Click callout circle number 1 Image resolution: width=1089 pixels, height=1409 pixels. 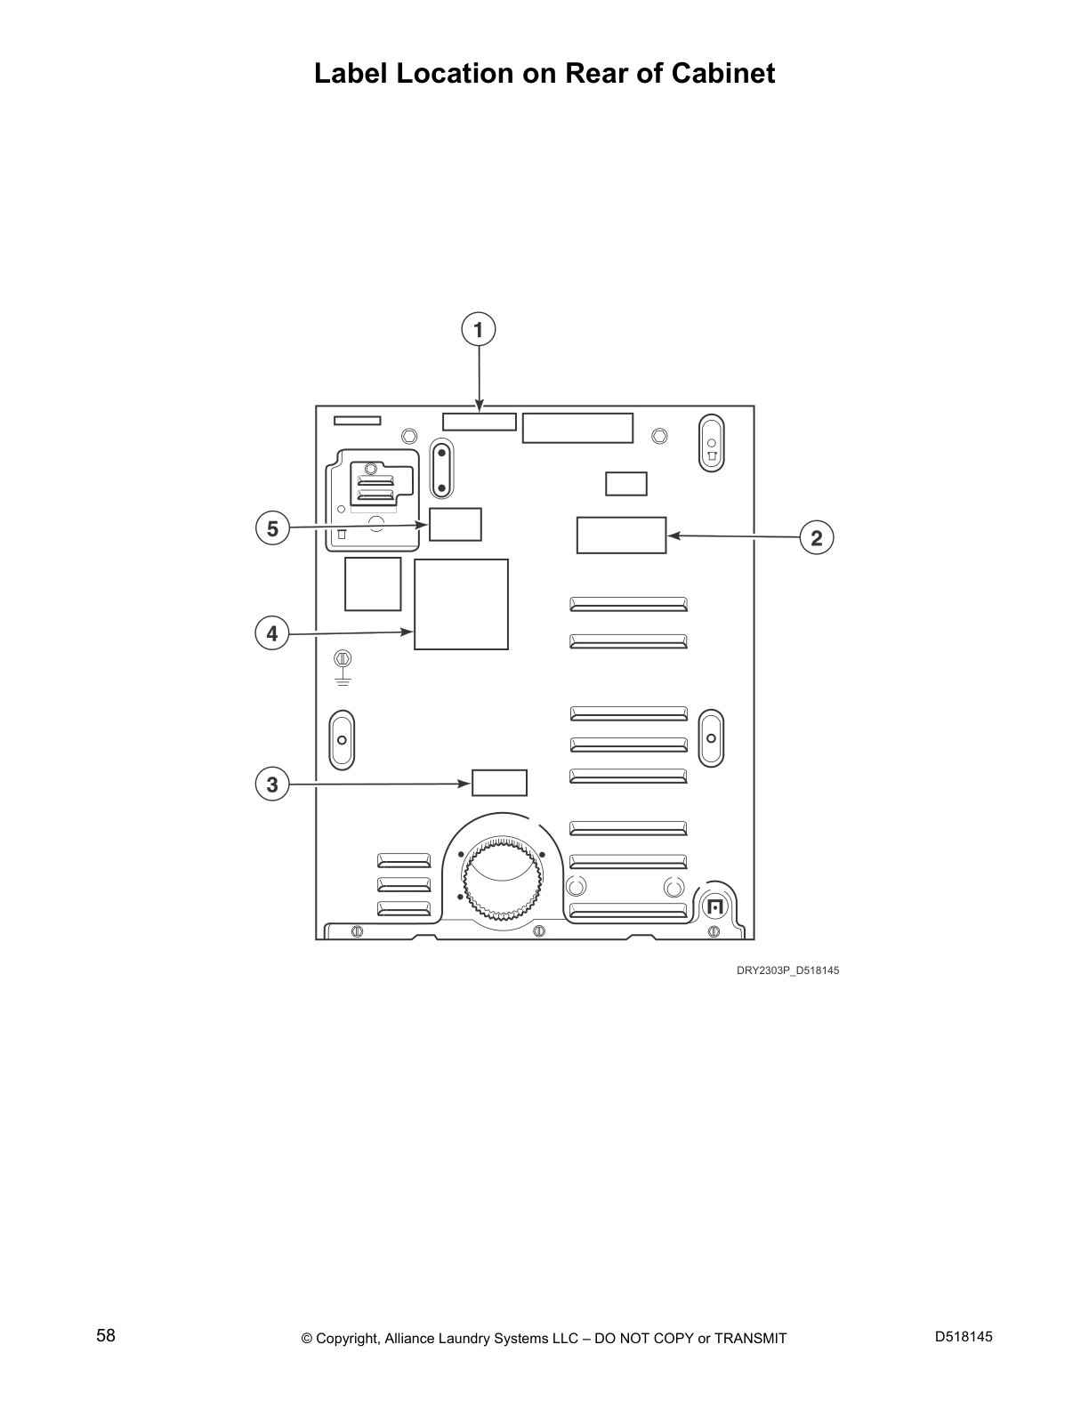479,329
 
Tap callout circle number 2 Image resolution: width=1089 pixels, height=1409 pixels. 817,537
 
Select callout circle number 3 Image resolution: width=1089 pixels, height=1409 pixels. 272,784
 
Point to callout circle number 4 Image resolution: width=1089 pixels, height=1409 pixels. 272,632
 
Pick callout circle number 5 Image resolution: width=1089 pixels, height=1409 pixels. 272,527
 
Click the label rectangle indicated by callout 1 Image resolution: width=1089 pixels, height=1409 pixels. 480,423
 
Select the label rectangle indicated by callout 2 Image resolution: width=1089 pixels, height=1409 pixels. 621,535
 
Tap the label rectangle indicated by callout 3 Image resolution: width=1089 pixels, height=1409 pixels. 499,783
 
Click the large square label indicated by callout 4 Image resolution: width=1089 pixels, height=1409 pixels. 461,604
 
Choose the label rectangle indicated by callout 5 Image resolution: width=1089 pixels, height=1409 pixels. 456,525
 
